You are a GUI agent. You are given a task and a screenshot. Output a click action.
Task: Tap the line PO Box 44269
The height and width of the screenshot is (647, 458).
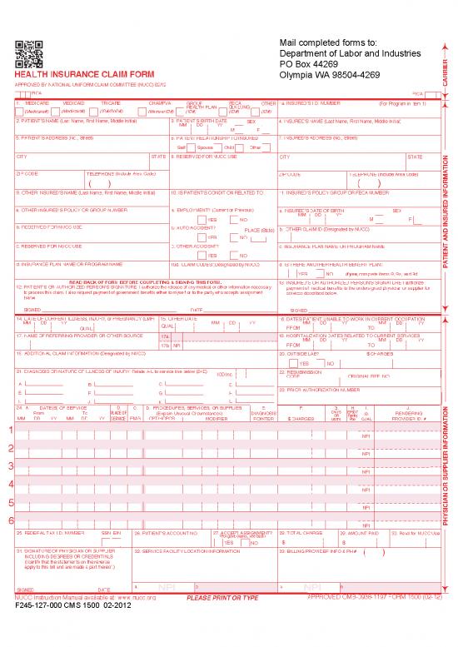click(x=311, y=63)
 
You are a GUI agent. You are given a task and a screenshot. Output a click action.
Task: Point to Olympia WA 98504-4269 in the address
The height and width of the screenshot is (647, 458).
click(x=331, y=74)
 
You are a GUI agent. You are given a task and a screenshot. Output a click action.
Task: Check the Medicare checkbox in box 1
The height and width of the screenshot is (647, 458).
click(x=18, y=110)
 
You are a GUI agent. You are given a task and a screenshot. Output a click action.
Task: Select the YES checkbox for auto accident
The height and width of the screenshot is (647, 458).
click(x=202, y=237)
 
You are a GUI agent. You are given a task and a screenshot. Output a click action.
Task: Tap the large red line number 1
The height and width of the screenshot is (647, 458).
click(x=10, y=430)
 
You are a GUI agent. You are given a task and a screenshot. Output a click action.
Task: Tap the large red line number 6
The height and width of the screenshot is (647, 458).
click(x=10, y=521)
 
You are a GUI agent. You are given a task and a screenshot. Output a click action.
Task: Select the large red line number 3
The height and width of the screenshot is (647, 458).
click(x=10, y=466)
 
